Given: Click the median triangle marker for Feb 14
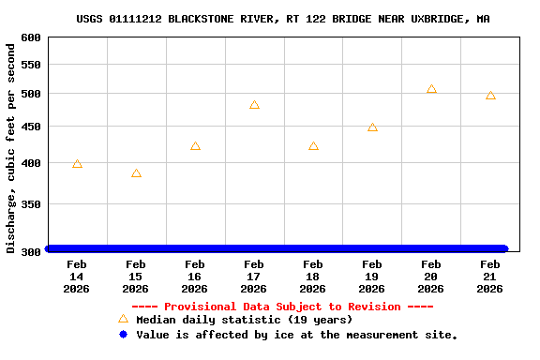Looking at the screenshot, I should [x=77, y=164].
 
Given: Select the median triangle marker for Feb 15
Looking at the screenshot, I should [x=136, y=173].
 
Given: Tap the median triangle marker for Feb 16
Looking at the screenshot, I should [x=195, y=146].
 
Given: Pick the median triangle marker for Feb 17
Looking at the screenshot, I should [x=254, y=105].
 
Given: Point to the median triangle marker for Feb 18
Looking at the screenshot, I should [x=313, y=146].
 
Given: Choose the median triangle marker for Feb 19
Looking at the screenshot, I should [x=372, y=127].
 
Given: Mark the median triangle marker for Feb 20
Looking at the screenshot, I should [x=431, y=89].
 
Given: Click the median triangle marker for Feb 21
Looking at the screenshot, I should [x=490, y=96].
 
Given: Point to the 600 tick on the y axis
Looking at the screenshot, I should [x=31, y=37].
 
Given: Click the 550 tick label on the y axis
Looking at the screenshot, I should [x=31, y=65].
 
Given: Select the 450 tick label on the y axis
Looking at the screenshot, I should [x=31, y=127].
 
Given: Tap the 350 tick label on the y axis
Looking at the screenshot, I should [x=31, y=204].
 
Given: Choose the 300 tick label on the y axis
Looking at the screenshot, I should [x=31, y=251].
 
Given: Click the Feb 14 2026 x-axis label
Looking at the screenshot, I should [x=77, y=277].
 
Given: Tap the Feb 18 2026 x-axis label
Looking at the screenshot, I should [x=313, y=277].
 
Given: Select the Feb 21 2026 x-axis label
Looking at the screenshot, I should [x=490, y=277].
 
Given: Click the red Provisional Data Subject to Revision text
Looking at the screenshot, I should [x=282, y=307].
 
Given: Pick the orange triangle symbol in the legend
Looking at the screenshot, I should [x=123, y=320].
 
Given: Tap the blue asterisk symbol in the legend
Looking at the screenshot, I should [x=123, y=335].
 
